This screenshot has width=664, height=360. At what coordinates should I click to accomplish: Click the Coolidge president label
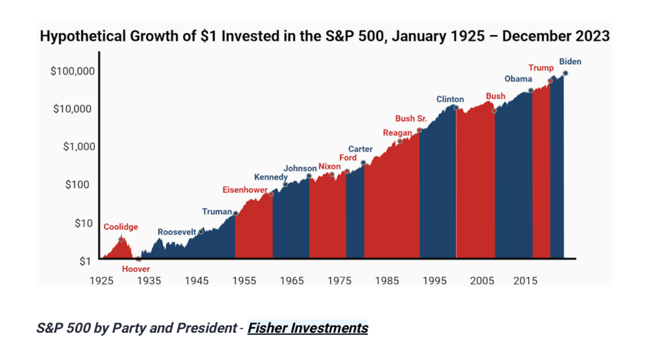tap(121, 227)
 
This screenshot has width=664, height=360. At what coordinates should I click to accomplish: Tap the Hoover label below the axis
tap(136, 269)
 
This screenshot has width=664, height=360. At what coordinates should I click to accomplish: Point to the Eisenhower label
tap(244, 190)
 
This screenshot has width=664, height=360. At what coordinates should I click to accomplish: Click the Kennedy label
tap(270, 177)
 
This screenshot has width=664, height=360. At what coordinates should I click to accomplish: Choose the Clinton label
tap(450, 99)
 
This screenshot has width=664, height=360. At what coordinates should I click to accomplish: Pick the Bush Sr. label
tap(410, 119)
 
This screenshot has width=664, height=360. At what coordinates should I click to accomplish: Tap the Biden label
tap(571, 62)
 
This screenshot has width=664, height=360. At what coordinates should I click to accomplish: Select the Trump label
tap(541, 68)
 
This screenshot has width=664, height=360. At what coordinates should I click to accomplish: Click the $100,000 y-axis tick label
tap(71, 71)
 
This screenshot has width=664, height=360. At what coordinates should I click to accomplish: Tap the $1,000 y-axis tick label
tap(77, 147)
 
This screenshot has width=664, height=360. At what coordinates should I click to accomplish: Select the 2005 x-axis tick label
tap(482, 281)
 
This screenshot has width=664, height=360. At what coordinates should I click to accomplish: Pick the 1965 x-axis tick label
tap(292, 281)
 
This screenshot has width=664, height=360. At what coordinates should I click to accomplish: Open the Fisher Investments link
tap(307, 328)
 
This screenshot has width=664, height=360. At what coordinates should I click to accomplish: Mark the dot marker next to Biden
tap(565, 73)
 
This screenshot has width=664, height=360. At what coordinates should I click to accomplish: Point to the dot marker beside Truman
tap(235, 213)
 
